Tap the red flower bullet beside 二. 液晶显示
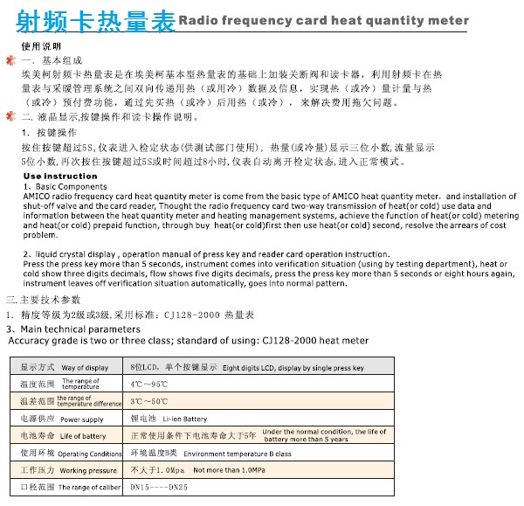click(x=10, y=114)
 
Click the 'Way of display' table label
click(x=85, y=368)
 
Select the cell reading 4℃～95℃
click(x=148, y=384)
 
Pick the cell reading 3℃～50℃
click(x=148, y=401)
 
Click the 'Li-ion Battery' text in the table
click(x=184, y=419)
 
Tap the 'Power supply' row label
click(x=81, y=419)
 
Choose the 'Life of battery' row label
click(x=83, y=436)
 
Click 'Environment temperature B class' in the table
click(x=237, y=454)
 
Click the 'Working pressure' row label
click(x=88, y=470)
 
